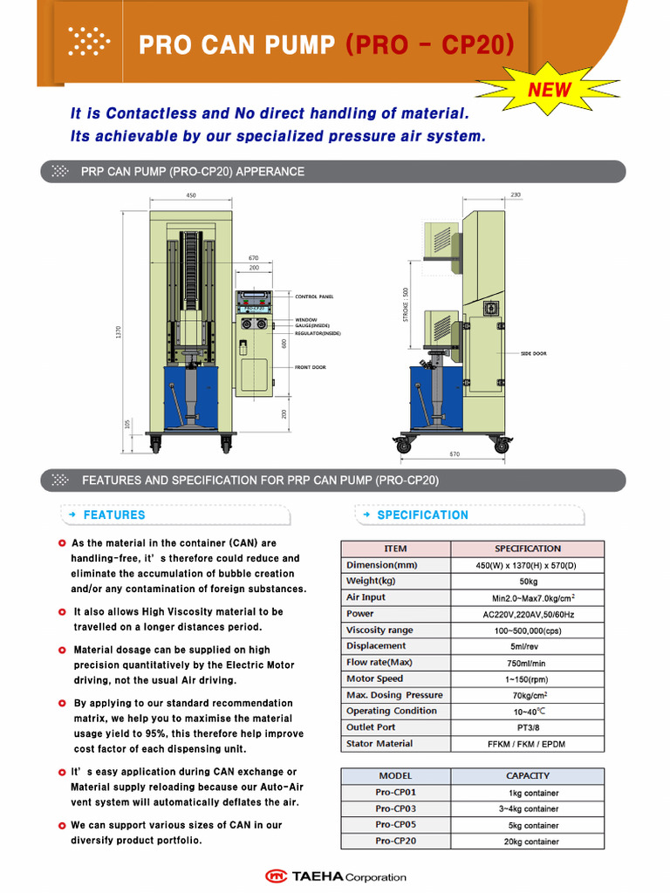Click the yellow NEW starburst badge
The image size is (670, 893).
pyautogui.click(x=550, y=89)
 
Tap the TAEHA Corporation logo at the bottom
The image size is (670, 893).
pyautogui.click(x=336, y=876)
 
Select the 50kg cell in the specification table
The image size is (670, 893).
pyautogui.click(x=527, y=581)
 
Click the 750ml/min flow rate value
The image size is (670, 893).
pyautogui.click(x=527, y=663)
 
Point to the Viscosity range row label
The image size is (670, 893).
pyautogui.click(x=379, y=630)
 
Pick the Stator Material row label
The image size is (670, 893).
pyautogui.click(x=379, y=744)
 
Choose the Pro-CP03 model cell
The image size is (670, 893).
pyautogui.click(x=395, y=808)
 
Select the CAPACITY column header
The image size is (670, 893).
pyautogui.click(x=527, y=775)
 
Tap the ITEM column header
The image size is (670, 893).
pyautogui.click(x=395, y=549)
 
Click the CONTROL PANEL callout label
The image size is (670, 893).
pyautogui.click(x=314, y=297)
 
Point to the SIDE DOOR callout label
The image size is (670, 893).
pyautogui.click(x=534, y=353)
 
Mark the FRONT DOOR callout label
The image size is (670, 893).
pyautogui.click(x=310, y=367)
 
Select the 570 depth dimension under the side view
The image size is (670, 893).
pyautogui.click(x=455, y=454)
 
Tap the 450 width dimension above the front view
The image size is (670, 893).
pyautogui.click(x=191, y=195)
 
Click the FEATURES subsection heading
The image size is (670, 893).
pyautogui.click(x=114, y=515)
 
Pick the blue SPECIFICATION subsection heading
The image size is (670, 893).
pyautogui.click(x=422, y=515)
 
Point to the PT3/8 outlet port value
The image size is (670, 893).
pyautogui.click(x=527, y=727)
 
